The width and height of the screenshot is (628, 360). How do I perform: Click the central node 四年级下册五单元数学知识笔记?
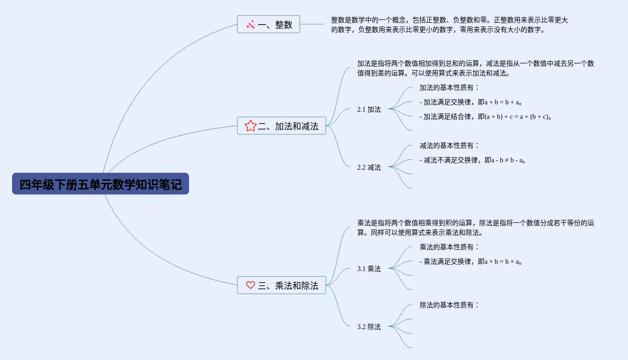[101, 184]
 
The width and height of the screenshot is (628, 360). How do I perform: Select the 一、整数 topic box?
[268, 24]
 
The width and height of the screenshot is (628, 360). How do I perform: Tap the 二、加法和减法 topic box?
[281, 126]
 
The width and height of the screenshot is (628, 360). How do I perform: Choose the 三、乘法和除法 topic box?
[281, 285]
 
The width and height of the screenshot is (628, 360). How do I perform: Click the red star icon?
[250, 126]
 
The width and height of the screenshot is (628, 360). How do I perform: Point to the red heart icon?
[250, 285]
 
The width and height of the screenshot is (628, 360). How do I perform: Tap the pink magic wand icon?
[250, 24]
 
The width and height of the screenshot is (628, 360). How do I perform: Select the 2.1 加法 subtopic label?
[369, 109]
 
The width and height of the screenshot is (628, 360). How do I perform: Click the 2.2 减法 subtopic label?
[369, 167]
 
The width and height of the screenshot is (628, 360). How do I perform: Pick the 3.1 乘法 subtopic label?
[369, 269]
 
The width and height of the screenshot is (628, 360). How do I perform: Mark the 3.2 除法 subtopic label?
[369, 327]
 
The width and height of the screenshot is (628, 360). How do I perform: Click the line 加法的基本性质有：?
[449, 87]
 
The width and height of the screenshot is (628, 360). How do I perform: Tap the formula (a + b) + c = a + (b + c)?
[517, 116]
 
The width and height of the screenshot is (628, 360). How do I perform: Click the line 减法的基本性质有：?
[449, 145]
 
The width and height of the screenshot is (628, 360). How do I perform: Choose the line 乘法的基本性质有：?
[449, 247]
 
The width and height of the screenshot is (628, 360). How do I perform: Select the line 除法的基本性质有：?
[449, 305]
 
